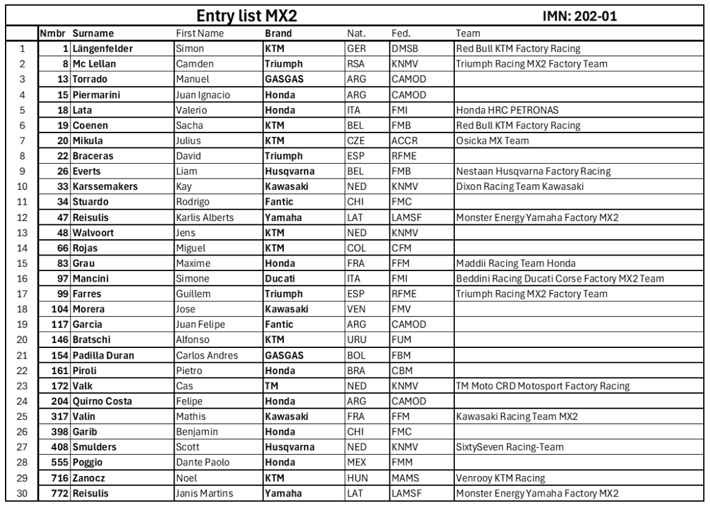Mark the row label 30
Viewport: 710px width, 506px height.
coord(22,492)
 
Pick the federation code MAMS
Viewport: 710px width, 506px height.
coord(404,477)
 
